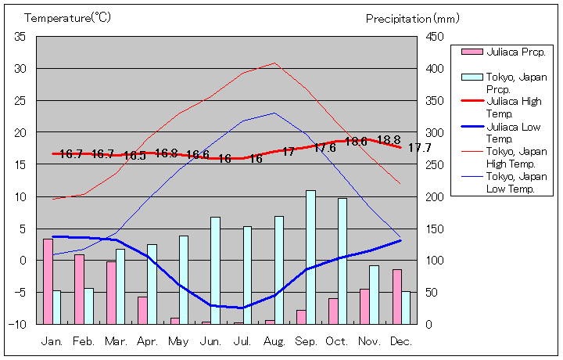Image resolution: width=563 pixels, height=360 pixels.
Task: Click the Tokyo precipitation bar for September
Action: click(310, 257)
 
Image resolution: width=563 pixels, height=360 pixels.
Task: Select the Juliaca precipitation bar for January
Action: click(48, 281)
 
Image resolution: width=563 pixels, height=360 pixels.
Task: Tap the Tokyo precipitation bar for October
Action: click(342, 261)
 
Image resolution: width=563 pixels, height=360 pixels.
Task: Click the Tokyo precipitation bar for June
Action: click(215, 270)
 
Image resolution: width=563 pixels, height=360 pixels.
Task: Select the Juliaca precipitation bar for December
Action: click(396, 297)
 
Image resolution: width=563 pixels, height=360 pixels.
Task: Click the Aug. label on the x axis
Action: click(274, 341)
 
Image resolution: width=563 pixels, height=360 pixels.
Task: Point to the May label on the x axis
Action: click(179, 341)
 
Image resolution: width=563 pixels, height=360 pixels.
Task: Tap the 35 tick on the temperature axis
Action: click(20, 37)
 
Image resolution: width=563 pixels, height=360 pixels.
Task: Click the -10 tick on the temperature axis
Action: click(19, 324)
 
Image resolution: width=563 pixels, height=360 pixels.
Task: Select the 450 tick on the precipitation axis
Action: click(435, 37)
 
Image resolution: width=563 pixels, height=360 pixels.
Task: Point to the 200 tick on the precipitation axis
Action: click(435, 196)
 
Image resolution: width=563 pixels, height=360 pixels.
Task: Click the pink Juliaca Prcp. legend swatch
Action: click(472, 52)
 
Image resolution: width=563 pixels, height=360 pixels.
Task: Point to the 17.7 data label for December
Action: click(420, 148)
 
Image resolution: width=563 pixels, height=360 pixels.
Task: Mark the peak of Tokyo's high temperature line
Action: click(274, 63)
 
